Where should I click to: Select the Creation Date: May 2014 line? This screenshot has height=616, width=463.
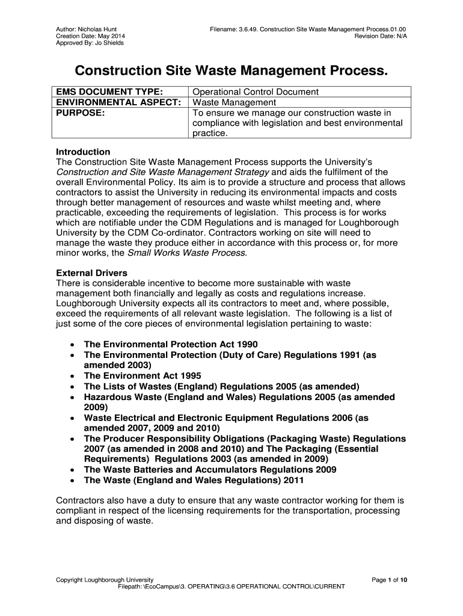tap(90, 36)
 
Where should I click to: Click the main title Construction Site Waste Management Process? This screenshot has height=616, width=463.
tap(231, 71)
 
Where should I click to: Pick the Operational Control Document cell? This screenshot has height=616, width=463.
tap(256, 92)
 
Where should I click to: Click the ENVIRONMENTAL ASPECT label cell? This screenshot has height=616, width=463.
tap(118, 102)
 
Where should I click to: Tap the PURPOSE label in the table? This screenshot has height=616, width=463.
tap(81, 112)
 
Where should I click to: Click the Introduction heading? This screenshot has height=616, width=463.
tap(83, 152)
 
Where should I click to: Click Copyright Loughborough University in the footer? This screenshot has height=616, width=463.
tap(105, 579)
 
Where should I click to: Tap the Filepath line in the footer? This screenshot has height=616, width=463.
tap(231, 586)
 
